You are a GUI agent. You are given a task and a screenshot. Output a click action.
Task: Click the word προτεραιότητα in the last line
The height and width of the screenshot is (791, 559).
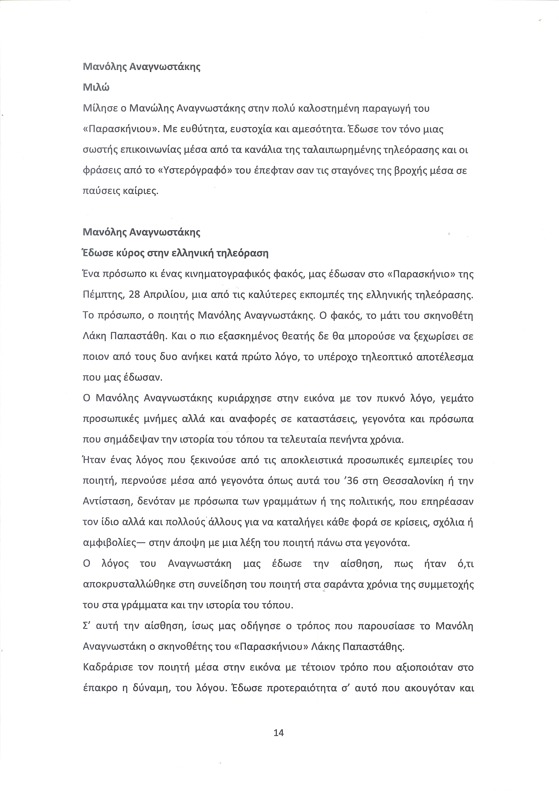315,688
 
